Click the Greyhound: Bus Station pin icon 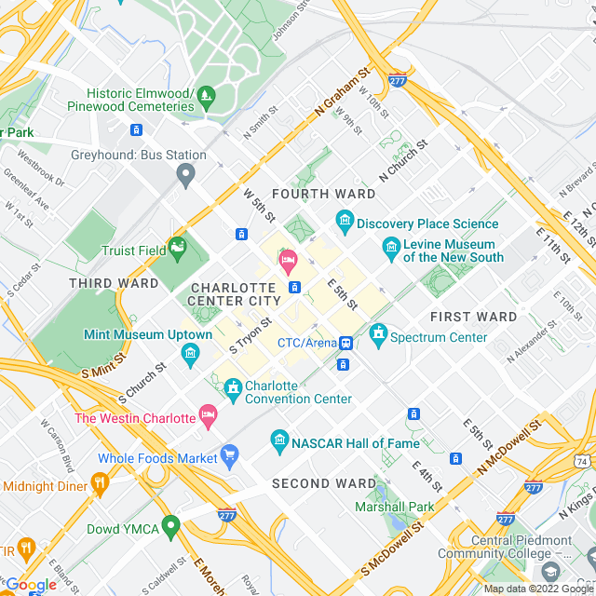click(x=185, y=174)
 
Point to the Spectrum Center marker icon click(x=378, y=332)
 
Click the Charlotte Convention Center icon click(x=234, y=386)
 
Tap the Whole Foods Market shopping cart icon click(x=229, y=455)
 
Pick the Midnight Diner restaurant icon click(x=100, y=483)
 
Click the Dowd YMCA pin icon click(x=169, y=527)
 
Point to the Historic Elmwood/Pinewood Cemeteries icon click(x=206, y=94)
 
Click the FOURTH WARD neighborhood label click(x=323, y=194)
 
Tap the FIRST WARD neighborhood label click(x=473, y=317)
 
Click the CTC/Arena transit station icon click(x=345, y=344)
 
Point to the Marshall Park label click(x=394, y=508)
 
